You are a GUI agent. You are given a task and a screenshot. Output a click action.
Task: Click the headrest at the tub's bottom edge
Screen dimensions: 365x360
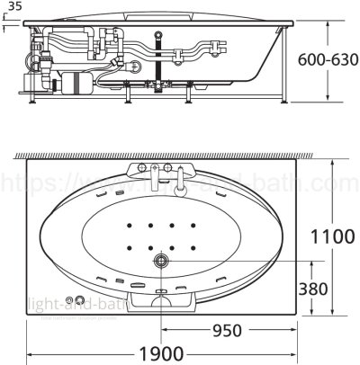[162, 300]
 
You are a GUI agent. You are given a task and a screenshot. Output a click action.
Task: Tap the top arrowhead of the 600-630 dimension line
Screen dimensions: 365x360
[327, 18]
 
